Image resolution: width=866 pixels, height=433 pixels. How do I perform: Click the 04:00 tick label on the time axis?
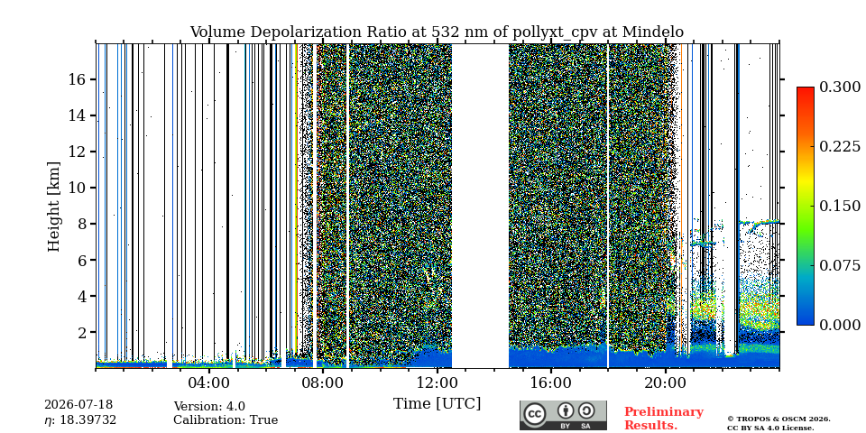coord(208,382)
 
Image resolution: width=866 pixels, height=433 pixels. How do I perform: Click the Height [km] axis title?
coord(53,207)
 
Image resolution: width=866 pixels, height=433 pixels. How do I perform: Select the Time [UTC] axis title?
coord(437,403)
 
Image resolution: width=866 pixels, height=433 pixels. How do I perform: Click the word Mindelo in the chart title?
coord(653,32)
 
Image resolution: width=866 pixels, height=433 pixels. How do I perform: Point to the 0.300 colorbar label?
coord(840,88)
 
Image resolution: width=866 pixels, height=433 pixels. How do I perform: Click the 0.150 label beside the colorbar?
coord(840,206)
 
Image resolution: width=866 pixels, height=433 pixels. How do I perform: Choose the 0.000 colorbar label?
coord(840,325)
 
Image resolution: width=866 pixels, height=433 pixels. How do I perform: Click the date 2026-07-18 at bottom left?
coord(78,405)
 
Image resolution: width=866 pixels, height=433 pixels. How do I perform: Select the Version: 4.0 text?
coord(209,407)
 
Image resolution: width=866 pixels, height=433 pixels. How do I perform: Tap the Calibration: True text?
coord(226,419)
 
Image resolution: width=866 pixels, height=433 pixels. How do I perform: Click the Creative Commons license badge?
coord(563,415)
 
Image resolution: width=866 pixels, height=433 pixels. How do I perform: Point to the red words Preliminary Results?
coord(664,418)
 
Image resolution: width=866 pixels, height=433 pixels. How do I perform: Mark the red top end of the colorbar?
coord(806,88)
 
